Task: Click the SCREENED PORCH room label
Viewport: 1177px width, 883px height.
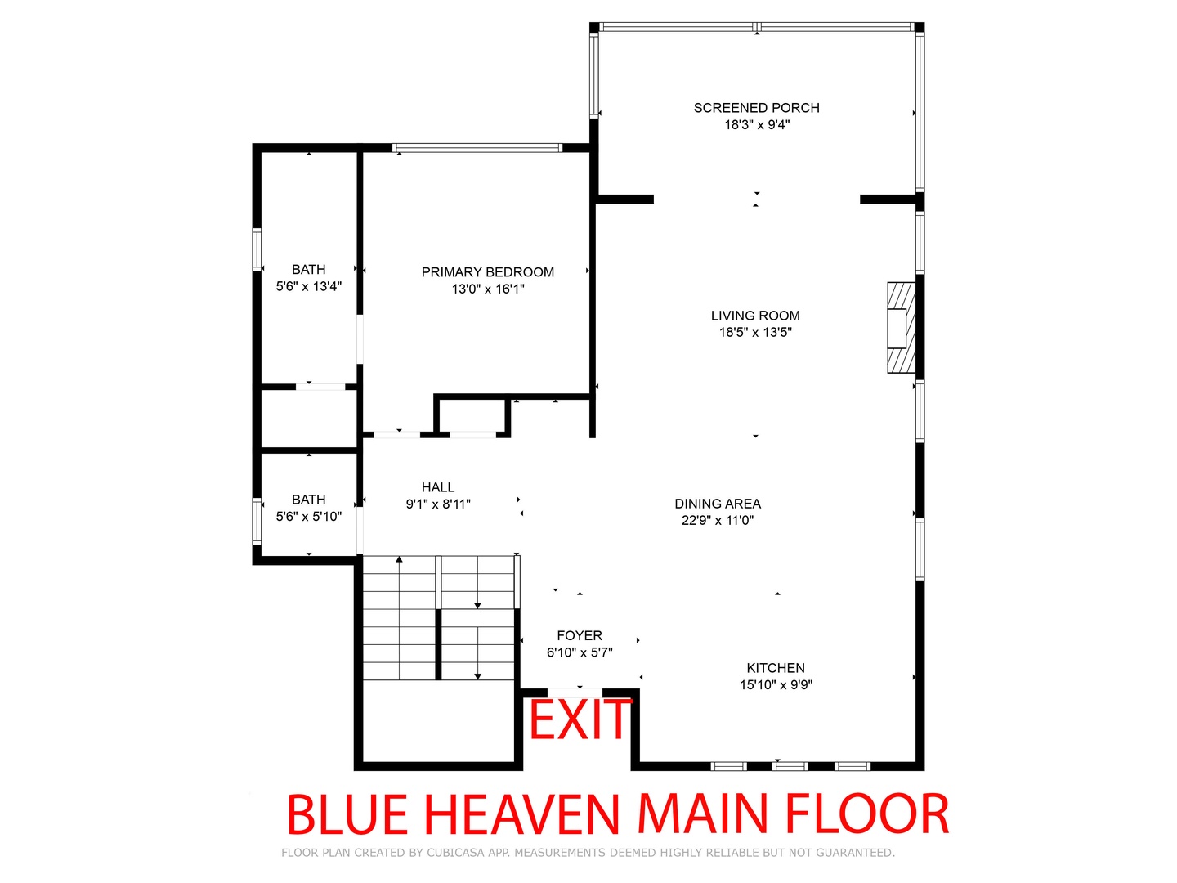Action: pos(756,108)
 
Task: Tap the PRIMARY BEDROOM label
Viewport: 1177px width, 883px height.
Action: pos(487,271)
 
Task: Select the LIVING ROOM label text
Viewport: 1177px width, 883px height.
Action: pos(755,316)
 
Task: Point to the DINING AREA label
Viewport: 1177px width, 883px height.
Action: pos(718,504)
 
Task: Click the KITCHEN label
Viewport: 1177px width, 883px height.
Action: pos(776,667)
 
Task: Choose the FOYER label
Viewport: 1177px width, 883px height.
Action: pos(580,635)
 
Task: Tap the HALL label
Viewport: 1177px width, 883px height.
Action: pos(437,486)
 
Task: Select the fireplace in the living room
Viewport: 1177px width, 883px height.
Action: pos(901,327)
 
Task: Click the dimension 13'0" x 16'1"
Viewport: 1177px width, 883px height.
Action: pos(487,289)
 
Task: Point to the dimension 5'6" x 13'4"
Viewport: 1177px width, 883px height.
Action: pos(308,286)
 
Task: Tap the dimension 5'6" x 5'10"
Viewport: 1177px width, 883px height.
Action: pos(308,516)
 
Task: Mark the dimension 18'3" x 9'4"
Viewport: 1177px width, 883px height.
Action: pos(757,125)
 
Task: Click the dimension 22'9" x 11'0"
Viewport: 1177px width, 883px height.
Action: pos(718,520)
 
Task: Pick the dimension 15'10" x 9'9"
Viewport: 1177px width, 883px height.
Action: pos(776,684)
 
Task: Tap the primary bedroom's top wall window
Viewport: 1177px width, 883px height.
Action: pos(477,148)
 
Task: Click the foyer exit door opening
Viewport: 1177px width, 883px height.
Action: pos(575,693)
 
